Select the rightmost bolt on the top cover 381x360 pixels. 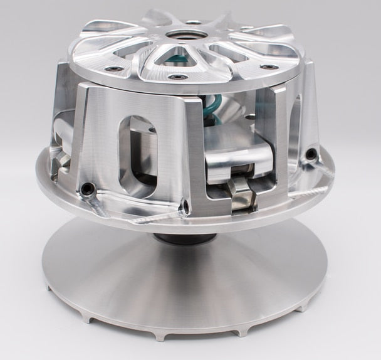click(x=270, y=66)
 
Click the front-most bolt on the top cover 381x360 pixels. click(x=177, y=77)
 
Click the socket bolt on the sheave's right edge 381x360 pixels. click(x=311, y=154)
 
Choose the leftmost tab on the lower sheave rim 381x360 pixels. click(x=50, y=289)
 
